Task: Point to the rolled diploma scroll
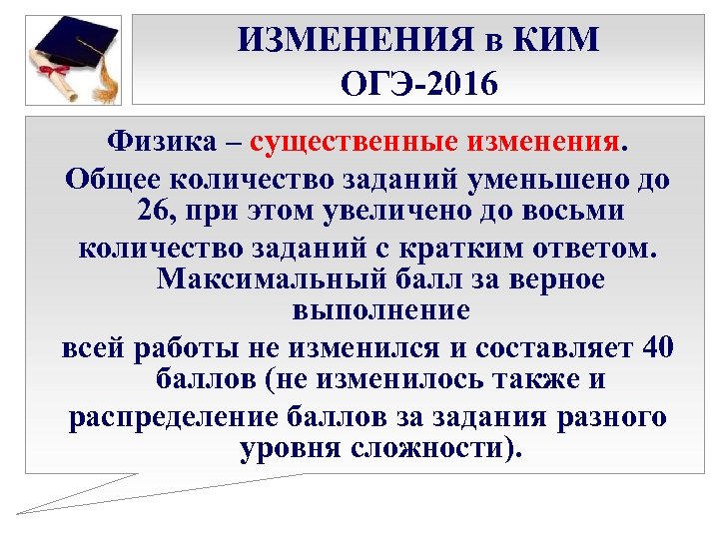point(55,76)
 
